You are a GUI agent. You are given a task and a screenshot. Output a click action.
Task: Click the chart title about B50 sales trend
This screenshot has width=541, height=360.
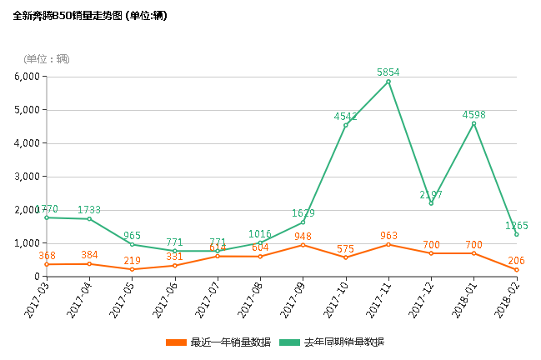(x=90, y=16)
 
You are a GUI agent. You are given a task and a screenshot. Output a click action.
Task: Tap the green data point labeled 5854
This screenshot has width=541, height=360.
(x=388, y=82)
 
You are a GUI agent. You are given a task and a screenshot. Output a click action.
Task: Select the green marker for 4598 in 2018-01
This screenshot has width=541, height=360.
(x=474, y=123)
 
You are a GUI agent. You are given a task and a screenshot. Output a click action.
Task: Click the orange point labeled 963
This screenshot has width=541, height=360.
(x=388, y=244)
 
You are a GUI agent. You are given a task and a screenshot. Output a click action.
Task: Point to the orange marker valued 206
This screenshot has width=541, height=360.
(x=517, y=270)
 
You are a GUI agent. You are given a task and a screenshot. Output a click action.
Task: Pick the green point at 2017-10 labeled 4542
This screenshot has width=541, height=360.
(x=346, y=125)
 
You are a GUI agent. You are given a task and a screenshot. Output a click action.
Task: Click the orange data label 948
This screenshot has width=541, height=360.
(x=303, y=236)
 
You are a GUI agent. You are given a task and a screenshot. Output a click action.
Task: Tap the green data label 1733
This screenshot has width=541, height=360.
(x=89, y=209)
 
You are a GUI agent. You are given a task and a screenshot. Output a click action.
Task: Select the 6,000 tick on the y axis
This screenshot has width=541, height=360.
(x=27, y=77)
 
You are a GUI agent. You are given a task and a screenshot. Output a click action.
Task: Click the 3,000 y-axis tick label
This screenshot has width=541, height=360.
(x=27, y=177)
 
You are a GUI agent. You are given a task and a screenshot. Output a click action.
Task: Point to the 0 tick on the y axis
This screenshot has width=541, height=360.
(x=37, y=277)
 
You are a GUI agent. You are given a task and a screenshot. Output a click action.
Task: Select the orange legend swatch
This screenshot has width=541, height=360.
(x=177, y=342)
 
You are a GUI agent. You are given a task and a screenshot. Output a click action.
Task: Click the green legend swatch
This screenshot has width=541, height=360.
(x=289, y=342)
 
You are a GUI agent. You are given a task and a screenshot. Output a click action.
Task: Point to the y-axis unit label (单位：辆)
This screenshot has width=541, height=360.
(x=47, y=58)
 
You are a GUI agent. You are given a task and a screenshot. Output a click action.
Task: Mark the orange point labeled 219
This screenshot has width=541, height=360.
(x=132, y=269)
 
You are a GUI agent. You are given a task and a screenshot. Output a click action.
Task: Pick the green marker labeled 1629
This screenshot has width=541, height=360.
(x=303, y=222)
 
